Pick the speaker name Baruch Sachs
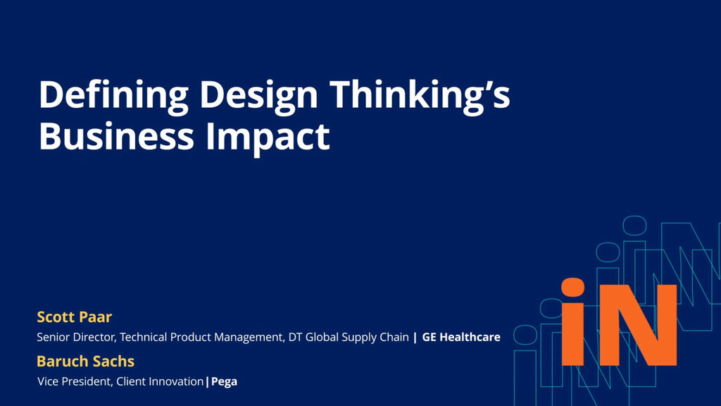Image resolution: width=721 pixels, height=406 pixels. [85, 362]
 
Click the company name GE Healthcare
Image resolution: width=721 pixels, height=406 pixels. [461, 338]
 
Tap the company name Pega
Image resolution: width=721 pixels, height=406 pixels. [224, 382]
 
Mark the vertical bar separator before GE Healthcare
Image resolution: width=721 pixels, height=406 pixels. [415, 338]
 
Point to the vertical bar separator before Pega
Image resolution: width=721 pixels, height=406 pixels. [207, 382]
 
